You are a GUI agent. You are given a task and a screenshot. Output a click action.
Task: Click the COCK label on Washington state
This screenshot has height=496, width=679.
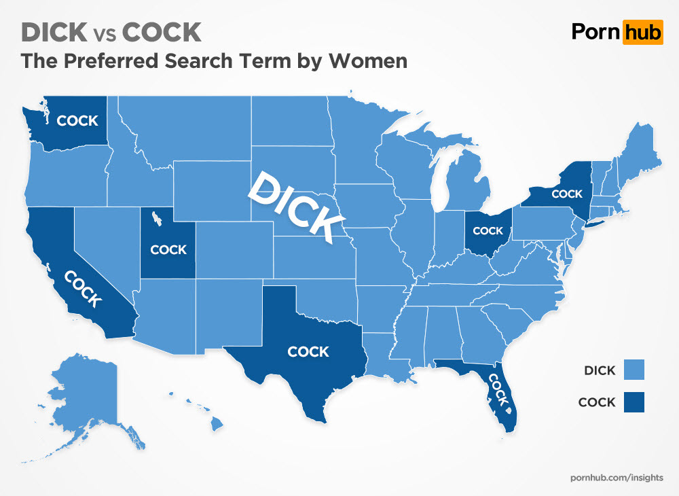[x=77, y=121]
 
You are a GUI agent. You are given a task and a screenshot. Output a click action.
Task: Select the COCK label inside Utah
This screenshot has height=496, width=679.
[x=168, y=249]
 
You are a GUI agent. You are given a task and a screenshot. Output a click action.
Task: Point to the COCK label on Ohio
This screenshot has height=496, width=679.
[x=488, y=231]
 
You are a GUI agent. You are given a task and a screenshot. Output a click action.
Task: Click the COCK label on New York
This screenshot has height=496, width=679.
[x=567, y=194]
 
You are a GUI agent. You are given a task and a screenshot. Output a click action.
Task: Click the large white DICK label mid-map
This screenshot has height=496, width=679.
[x=295, y=206]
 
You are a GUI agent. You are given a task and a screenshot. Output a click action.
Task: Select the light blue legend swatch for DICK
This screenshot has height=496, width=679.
[x=632, y=370]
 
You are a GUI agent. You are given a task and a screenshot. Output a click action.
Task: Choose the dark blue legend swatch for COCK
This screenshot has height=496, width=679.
[x=632, y=402]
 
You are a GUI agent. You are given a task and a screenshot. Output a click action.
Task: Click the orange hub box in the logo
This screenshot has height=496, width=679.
[x=641, y=32]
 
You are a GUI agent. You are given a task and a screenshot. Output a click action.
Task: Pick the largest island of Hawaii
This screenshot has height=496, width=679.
[x=217, y=424]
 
